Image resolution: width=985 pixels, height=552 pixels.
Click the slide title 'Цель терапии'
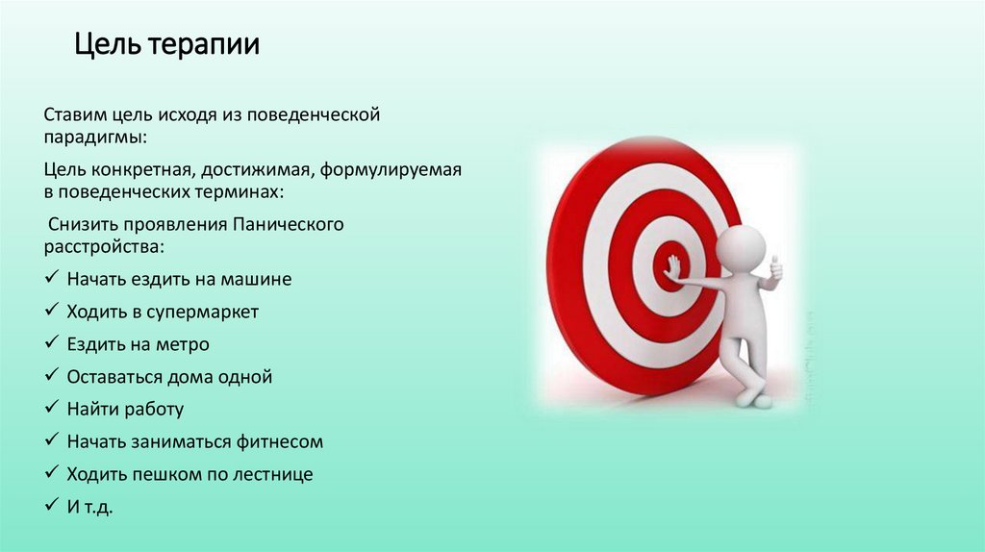[x=167, y=45]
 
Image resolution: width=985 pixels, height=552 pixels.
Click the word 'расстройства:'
[x=104, y=247]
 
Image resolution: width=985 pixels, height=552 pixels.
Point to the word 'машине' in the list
[x=259, y=280]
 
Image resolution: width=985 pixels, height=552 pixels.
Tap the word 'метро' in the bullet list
[x=185, y=344]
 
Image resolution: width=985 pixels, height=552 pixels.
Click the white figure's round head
[x=741, y=248]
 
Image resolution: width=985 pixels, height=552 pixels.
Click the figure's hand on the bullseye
[x=672, y=266]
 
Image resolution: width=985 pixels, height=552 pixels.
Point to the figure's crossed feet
[x=756, y=396]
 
